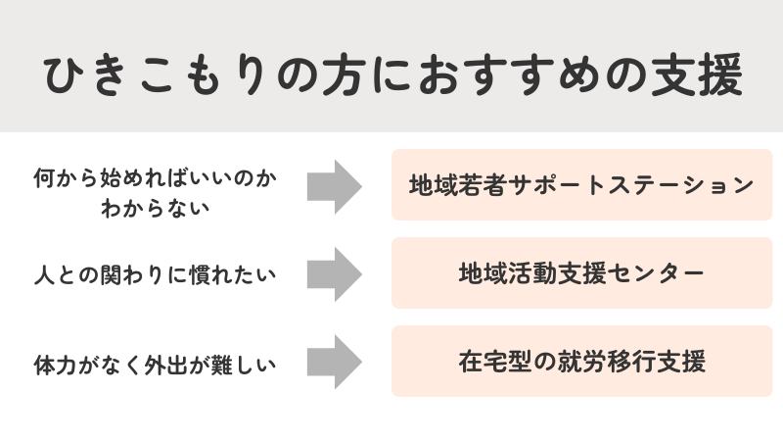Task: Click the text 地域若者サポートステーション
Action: coord(581,185)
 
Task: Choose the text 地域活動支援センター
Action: coord(581,273)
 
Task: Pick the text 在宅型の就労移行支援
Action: coord(581,362)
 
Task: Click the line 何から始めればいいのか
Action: coord(157,177)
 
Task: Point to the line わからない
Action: coord(157,207)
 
